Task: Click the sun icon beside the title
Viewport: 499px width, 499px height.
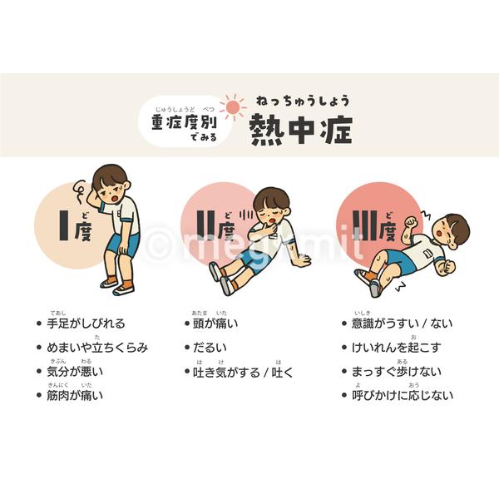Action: click(x=233, y=106)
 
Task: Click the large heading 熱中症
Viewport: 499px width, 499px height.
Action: click(x=301, y=129)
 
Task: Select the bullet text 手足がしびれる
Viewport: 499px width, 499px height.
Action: click(x=86, y=324)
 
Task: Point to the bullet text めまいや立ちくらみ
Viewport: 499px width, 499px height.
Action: click(x=97, y=348)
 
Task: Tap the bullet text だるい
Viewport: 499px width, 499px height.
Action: click(x=209, y=348)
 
